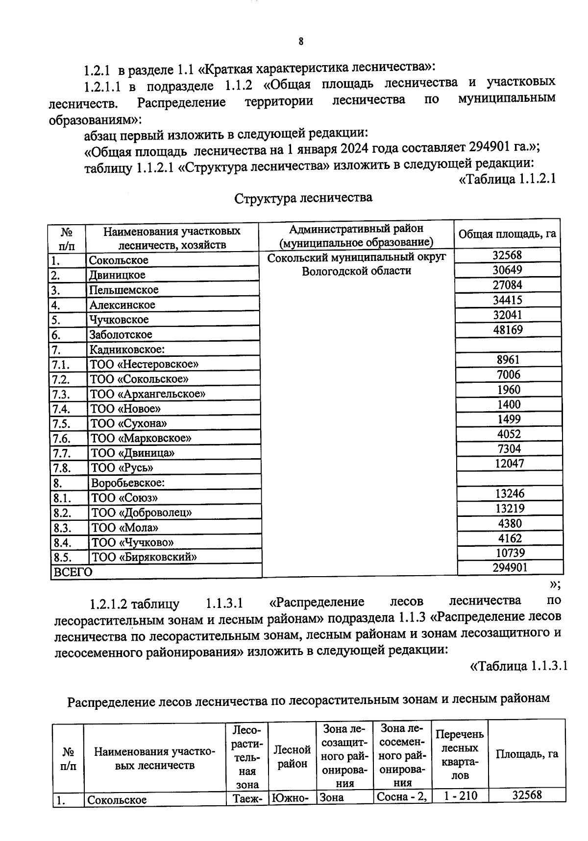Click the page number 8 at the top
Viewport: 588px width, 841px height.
pos(301,42)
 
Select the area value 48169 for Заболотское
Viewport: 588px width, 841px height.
pos(508,330)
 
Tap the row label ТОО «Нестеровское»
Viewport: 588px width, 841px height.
pos(145,364)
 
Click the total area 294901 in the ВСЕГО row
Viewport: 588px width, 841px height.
pos(510,568)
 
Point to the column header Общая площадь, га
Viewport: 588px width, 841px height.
pos(507,234)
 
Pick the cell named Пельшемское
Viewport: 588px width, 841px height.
pos(124,290)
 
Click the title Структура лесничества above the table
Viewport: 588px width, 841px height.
pos(303,198)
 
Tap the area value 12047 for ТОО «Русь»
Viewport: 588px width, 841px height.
pos(509,464)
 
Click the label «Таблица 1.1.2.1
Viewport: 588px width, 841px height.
pos(507,179)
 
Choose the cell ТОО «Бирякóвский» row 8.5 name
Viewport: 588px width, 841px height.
pos(145,557)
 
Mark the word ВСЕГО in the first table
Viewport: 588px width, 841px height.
pos(72,572)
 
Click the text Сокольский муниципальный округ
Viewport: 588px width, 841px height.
pos(356,257)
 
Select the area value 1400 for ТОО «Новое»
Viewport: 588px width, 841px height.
pos(509,404)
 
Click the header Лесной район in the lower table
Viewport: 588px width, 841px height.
pos(292,757)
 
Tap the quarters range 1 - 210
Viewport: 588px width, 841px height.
pos(460,796)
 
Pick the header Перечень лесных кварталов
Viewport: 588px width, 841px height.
pos(460,755)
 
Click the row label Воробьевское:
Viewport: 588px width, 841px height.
pos(128,483)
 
